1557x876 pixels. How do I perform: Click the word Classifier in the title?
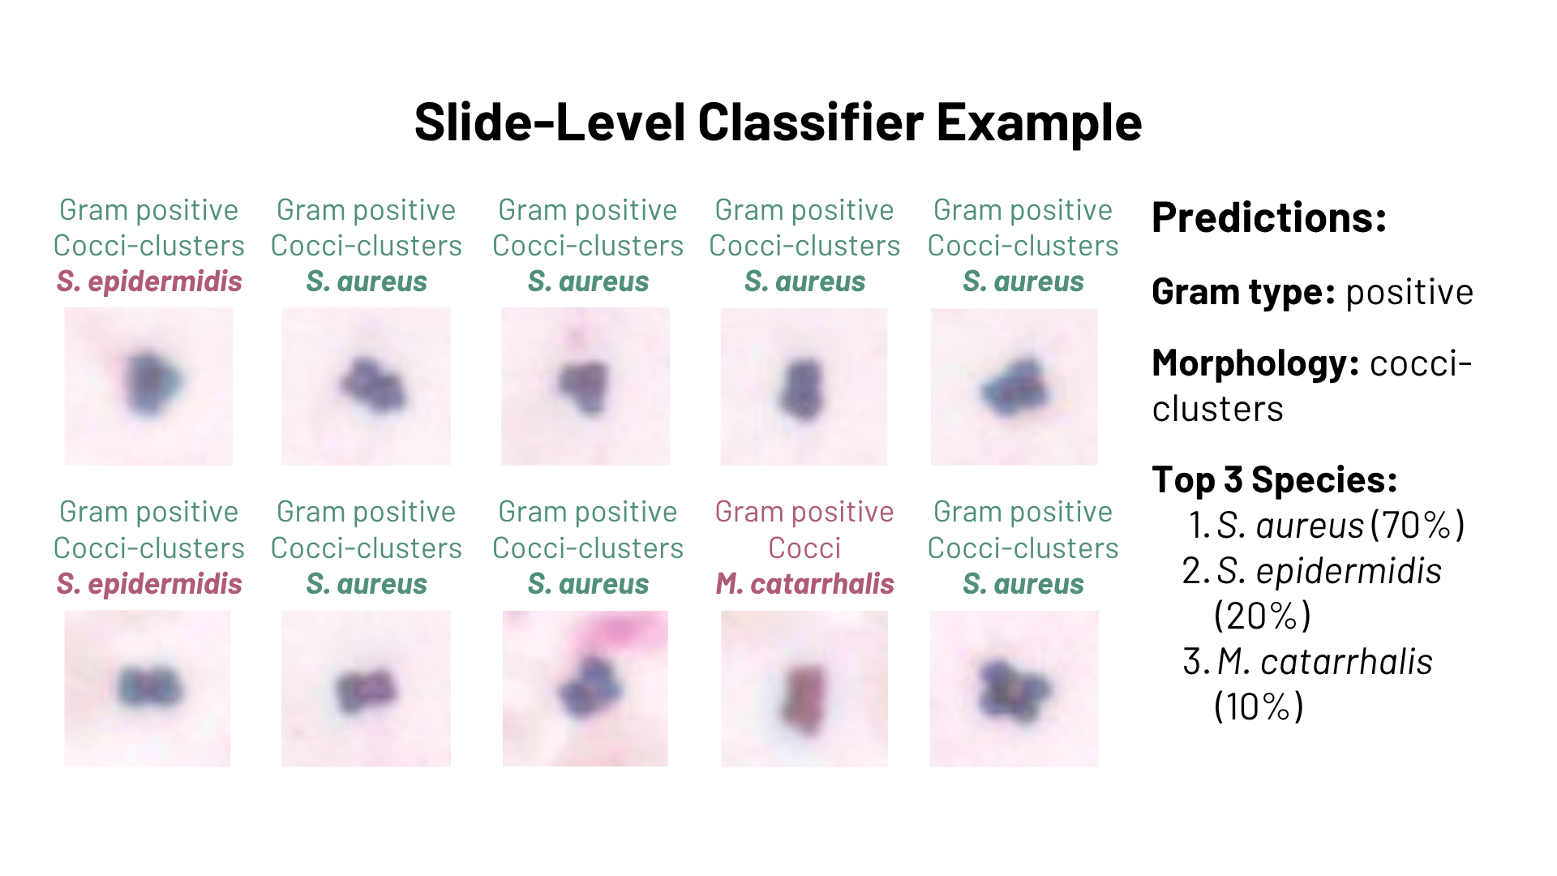coord(810,122)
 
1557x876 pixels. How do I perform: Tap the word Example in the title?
coord(1040,124)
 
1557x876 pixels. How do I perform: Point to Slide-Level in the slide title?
coord(550,122)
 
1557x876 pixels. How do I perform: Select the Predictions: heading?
coord(1269,217)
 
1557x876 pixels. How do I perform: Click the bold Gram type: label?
coord(1243,293)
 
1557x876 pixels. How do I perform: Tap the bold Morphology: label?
coord(1255,364)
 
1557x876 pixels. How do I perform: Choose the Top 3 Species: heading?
coord(1275,480)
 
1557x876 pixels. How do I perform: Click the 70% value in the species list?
coord(1418,526)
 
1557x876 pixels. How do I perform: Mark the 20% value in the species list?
coord(1263,616)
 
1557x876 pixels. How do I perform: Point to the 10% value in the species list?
coord(1259,707)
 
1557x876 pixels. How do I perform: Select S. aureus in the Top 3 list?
coord(1290,526)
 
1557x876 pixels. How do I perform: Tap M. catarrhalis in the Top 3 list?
coord(1325,662)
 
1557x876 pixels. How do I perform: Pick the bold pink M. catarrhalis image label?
coord(804,584)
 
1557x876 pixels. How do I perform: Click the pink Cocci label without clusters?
coord(804,548)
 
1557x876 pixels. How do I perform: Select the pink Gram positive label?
coord(804,513)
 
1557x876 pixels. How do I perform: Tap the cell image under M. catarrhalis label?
coord(804,689)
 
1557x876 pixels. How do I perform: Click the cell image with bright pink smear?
coord(585,689)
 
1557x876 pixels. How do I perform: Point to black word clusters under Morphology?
coord(1218,410)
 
